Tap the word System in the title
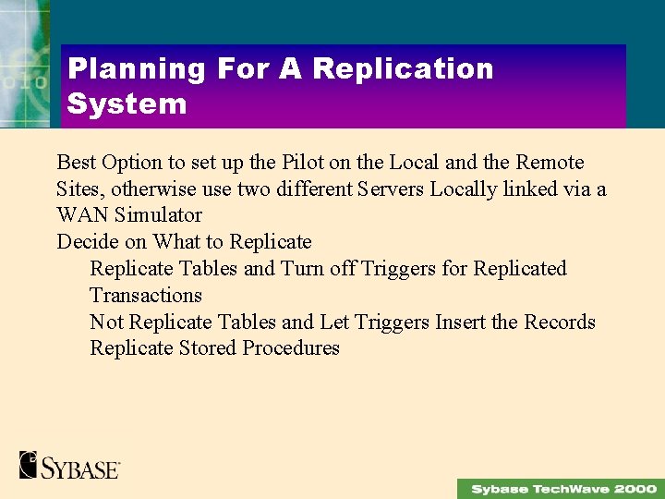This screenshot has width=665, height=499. pos(127,103)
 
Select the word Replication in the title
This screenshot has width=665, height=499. pos(403,69)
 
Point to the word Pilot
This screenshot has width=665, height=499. pos(302,163)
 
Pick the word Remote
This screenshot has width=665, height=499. pos(550,163)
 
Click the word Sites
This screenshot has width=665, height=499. pos(77,189)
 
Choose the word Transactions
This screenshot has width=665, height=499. pos(145,296)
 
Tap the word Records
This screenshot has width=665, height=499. pos(560,322)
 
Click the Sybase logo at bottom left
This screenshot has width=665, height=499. pos(69,465)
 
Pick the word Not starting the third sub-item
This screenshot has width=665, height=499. pos(106,322)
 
